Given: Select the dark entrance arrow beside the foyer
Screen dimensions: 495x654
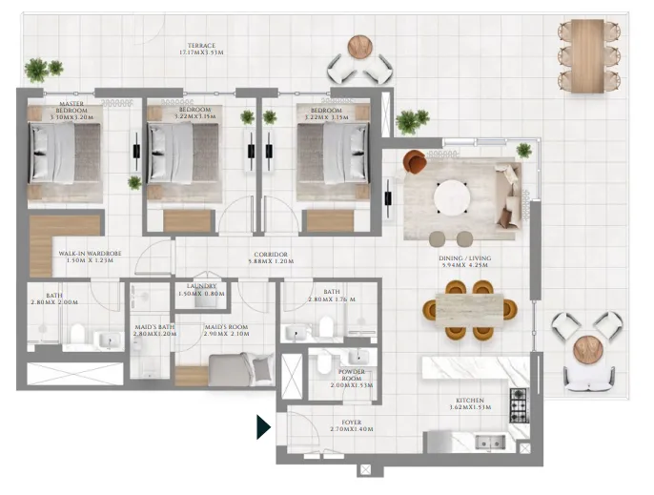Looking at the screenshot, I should [264, 426].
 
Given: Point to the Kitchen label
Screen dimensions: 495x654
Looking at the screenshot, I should [470, 403].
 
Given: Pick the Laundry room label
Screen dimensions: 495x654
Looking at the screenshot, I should [202, 289].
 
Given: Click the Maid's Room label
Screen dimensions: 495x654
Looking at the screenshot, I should [227, 330].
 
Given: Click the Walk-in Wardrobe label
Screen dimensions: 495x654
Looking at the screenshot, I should [86, 257].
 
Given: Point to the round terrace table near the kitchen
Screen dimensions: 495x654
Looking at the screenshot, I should [584, 349].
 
